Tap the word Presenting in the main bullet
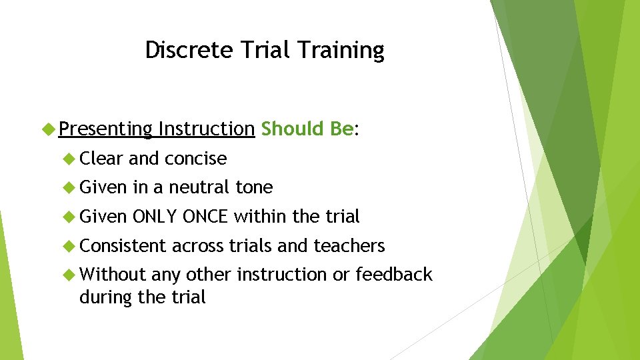(x=105, y=129)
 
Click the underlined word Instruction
(x=207, y=129)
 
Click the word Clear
(x=101, y=159)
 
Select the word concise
(x=195, y=159)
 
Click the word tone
(x=254, y=187)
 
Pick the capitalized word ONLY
(x=155, y=217)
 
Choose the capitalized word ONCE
(x=206, y=217)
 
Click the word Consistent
(x=123, y=246)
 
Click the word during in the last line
(x=106, y=297)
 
